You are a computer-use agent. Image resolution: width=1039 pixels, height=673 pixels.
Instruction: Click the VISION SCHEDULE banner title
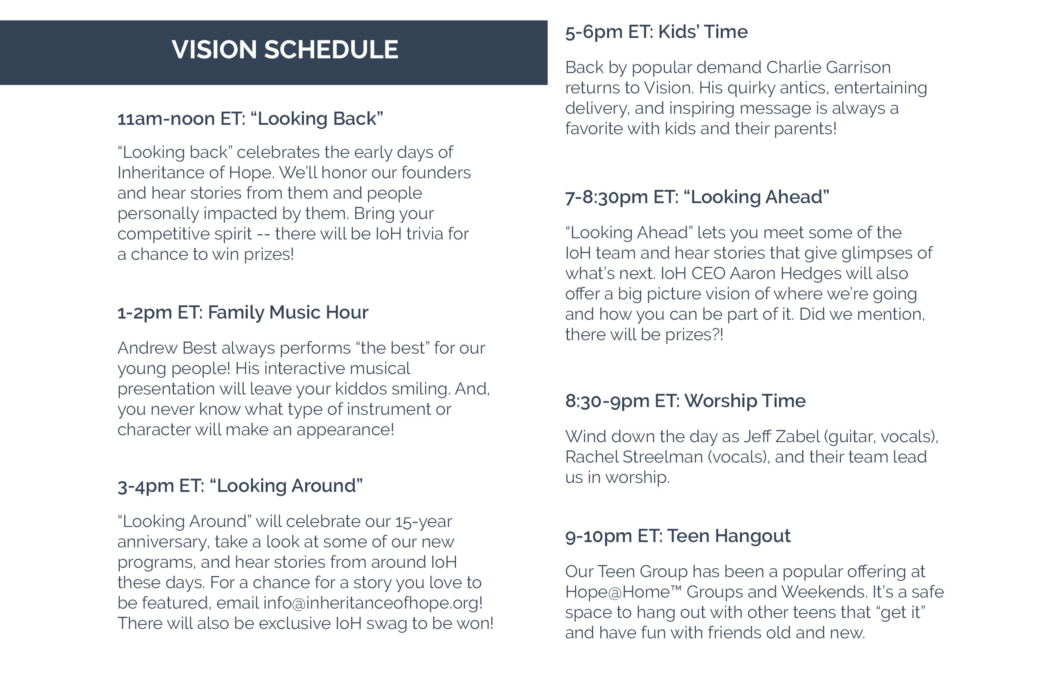point(285,49)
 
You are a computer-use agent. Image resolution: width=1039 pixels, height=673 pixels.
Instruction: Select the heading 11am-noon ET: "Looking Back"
point(250,119)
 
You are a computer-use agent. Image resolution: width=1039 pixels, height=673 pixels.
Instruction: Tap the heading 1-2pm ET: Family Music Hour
point(243,313)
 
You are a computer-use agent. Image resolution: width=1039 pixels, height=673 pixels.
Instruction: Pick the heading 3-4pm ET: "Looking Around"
point(240,486)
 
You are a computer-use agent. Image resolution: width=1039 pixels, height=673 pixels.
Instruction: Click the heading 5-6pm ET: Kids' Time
point(656,32)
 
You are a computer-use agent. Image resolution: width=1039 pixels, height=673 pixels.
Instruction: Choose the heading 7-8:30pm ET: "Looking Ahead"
point(697,197)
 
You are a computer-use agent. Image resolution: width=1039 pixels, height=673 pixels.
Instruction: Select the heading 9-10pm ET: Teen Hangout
point(678,536)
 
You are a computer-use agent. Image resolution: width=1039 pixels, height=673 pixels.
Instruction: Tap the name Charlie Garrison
point(828,67)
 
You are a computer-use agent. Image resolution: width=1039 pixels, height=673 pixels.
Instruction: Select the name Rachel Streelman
point(634,457)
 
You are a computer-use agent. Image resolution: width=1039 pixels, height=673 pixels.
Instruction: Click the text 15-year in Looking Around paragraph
point(423,522)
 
